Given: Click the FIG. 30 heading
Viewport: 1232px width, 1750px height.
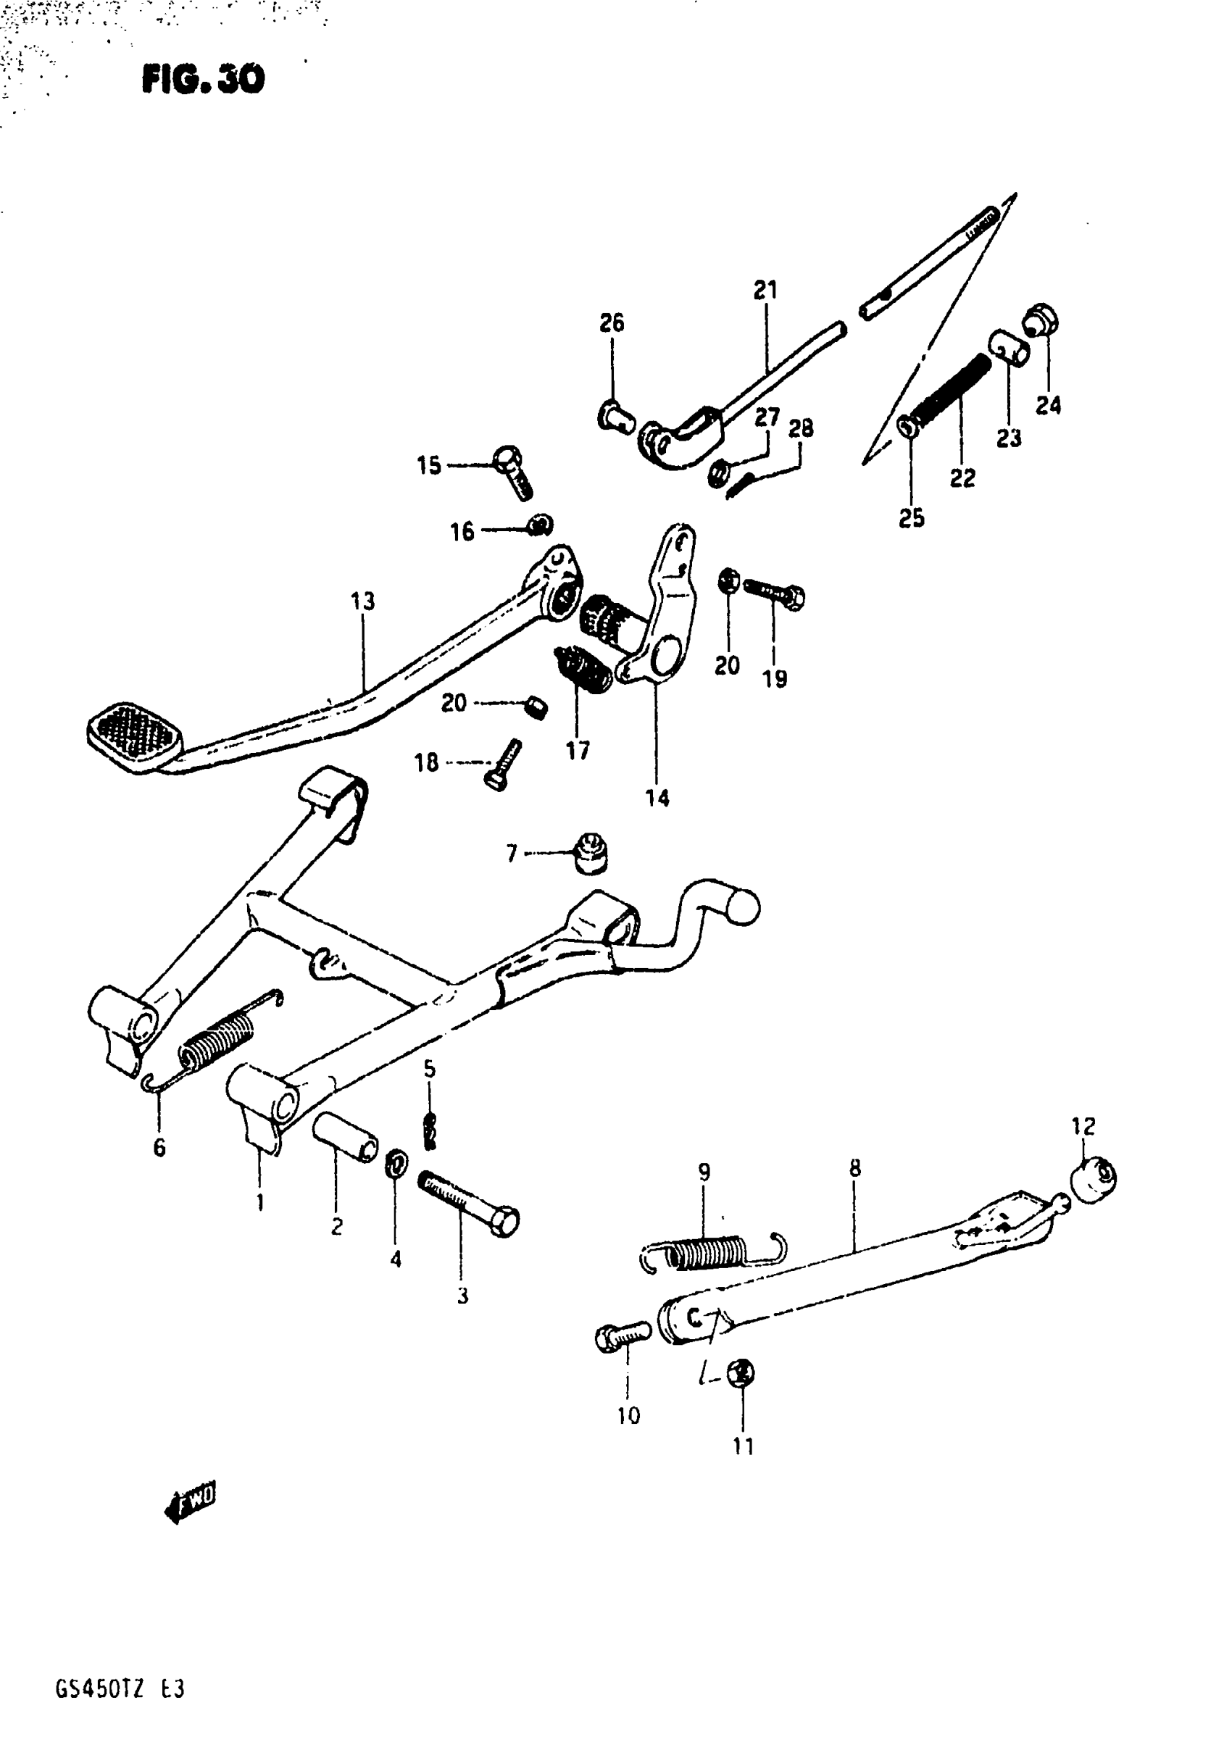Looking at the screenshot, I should tap(203, 78).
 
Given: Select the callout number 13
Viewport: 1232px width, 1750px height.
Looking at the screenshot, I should tap(363, 602).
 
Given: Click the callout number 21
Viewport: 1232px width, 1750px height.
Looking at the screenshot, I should tap(765, 291).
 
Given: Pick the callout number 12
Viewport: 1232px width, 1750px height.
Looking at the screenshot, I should tap(1083, 1126).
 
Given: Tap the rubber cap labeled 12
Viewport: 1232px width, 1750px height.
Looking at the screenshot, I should tap(1094, 1179).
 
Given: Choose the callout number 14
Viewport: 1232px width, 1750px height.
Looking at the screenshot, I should tap(657, 798).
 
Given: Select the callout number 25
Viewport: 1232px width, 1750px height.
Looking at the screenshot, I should tap(912, 518).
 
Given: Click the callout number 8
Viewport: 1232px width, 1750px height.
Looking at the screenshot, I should tap(854, 1168).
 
